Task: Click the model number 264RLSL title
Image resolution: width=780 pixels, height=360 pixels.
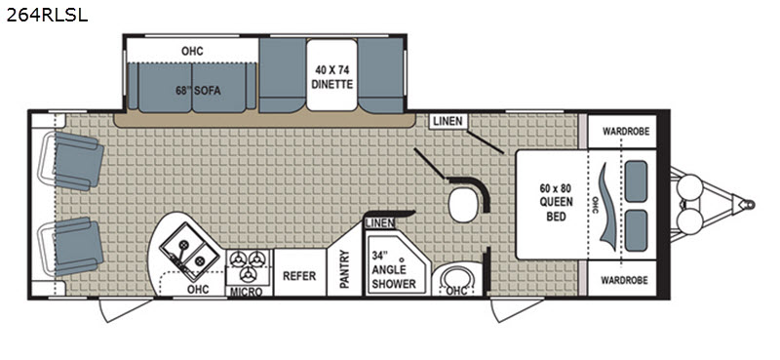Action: pos(47,15)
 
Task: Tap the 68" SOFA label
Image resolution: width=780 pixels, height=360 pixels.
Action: pos(198,91)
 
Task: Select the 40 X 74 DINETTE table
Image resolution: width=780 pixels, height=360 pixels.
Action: pos(331,75)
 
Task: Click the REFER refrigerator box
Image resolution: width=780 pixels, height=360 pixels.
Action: pos(299,276)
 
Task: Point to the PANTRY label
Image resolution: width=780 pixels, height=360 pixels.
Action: pos(345,269)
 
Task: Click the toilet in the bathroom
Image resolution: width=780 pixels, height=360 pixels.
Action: pos(462,205)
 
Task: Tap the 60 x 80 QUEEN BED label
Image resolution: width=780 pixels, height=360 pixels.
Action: pos(556,203)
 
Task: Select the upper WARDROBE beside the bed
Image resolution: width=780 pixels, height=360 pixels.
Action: pos(622,132)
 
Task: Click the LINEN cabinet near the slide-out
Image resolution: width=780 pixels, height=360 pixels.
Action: pos(448,121)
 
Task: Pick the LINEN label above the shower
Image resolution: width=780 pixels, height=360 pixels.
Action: pos(380,223)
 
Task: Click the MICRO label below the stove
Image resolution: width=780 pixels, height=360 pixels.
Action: pos(248,292)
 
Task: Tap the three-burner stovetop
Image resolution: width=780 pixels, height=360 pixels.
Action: pos(249,266)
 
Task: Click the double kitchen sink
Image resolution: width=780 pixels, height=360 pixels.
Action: pos(189,252)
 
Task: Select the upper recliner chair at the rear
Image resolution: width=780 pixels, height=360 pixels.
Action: pos(74,161)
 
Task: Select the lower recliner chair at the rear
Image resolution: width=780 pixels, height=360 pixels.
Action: pos(74,247)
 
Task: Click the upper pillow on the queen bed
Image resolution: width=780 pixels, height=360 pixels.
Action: pos(636,181)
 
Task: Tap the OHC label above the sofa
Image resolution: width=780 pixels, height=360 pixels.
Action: pos(192,52)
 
